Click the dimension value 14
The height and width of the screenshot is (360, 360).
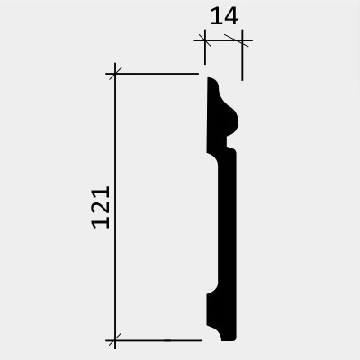(224, 16)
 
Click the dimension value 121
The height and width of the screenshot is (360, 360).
(101, 207)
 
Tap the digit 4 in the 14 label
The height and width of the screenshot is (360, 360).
(231, 16)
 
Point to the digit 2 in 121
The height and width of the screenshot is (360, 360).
(101, 207)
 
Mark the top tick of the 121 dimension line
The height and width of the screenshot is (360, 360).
(115, 74)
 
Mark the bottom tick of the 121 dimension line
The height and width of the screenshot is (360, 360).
(115, 340)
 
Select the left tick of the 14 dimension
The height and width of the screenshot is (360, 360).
(205, 40)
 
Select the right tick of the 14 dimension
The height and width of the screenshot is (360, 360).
(242, 40)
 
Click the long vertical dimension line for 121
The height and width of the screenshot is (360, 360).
(115, 206)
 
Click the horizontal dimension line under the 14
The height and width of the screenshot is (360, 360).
(223, 40)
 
